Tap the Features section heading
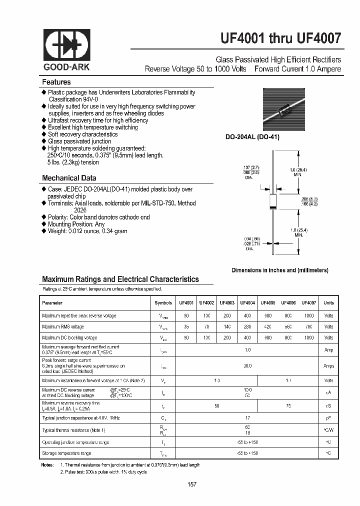coord(56,82)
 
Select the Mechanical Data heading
coord(69,178)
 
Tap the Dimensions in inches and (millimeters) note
coord(279,270)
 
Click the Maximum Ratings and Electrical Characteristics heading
coord(120,279)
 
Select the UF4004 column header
coord(247,303)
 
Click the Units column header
coord(328,303)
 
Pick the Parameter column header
coord(52,303)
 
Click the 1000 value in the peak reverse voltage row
coord(308,316)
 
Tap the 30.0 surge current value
coord(247,366)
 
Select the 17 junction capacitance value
coord(247,417)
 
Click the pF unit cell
coord(328,417)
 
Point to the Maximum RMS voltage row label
coord(63,327)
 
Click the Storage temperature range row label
coord(66,453)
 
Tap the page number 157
coord(192,484)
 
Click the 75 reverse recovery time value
coord(288,405)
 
